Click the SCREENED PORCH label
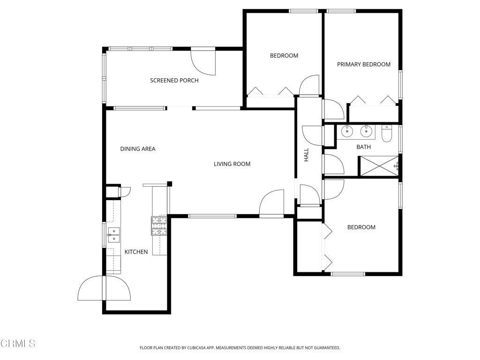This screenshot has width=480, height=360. (174, 81)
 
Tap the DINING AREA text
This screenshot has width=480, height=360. (138, 149)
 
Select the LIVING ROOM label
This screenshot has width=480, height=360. (232, 164)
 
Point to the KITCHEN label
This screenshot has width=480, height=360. (136, 252)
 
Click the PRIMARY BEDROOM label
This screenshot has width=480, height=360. (364, 64)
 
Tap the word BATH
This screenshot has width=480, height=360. (364, 147)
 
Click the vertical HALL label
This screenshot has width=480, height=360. (307, 155)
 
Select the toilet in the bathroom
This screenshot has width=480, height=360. (386, 134)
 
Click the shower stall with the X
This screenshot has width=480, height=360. (379, 166)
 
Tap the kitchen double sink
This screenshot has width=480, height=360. (113, 235)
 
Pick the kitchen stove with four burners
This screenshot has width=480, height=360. (159, 226)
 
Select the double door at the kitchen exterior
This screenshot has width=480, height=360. (104, 288)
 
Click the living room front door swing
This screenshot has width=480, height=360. (271, 202)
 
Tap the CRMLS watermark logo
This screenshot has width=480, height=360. (18, 344)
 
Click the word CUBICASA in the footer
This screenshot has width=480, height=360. (197, 348)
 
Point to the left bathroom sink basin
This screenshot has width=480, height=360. (347, 131)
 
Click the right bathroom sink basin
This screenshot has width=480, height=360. (366, 131)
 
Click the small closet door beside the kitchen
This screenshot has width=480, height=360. (125, 192)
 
